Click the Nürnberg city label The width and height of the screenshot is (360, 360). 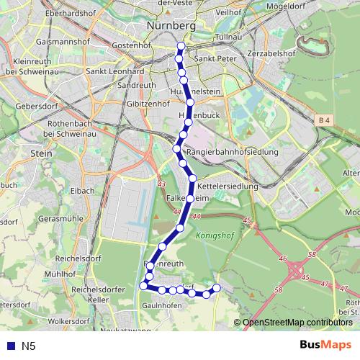tap(171, 25)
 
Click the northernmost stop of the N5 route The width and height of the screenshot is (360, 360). tap(181, 47)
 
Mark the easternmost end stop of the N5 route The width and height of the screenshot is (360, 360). tap(216, 288)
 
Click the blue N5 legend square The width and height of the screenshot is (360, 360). tap(9, 346)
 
